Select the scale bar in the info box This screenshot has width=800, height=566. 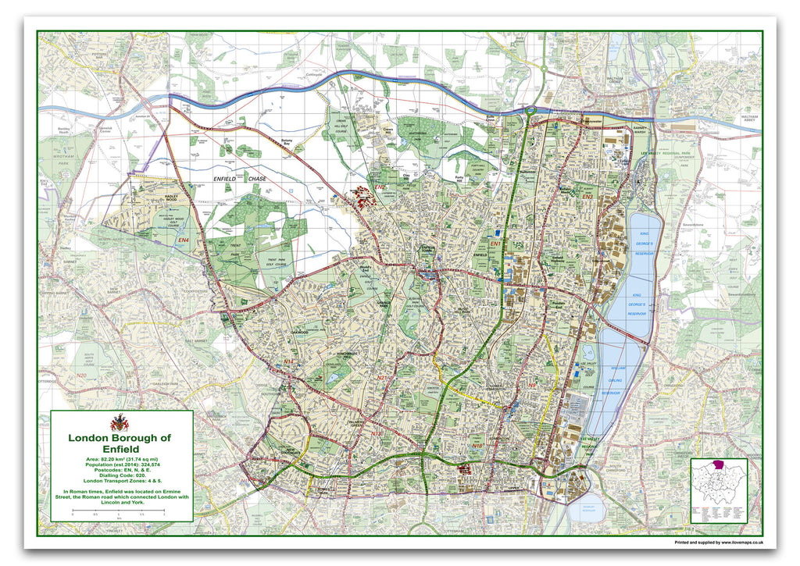click(x=118, y=513)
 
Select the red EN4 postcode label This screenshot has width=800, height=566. click(x=184, y=240)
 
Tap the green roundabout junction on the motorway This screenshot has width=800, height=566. click(x=530, y=112)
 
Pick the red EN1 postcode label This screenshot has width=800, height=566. click(x=495, y=244)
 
